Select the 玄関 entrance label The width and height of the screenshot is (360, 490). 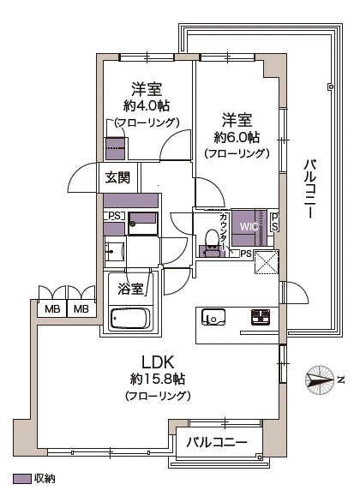(117, 178)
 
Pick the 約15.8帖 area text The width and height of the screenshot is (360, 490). (158, 379)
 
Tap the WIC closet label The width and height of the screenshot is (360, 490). (249, 227)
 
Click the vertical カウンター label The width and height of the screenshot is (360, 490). (223, 229)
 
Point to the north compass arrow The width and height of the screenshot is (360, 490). (321, 378)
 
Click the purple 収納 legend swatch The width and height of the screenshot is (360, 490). (21, 479)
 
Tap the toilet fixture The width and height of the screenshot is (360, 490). (210, 243)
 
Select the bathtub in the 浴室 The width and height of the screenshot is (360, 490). (130, 320)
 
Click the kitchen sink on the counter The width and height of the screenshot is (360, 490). (213, 320)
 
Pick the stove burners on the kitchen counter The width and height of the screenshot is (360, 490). (261, 319)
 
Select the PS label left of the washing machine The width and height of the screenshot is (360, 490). (112, 216)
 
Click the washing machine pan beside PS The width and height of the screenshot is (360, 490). (142, 222)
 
